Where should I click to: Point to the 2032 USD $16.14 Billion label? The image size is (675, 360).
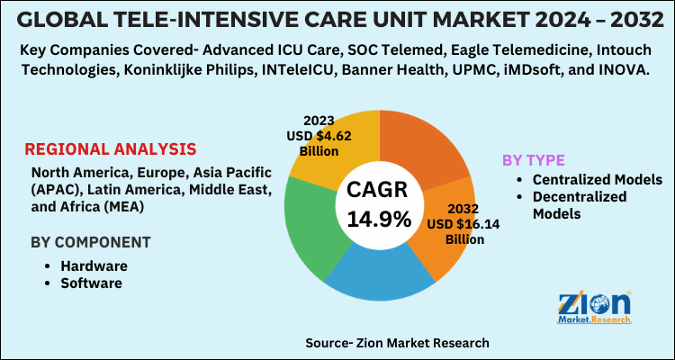click(x=456, y=225)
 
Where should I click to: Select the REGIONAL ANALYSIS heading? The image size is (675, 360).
click(x=110, y=149)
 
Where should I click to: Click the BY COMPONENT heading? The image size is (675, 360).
click(x=90, y=242)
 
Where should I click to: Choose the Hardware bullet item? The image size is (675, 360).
click(x=94, y=266)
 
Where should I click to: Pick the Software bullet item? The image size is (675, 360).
click(x=91, y=283)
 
